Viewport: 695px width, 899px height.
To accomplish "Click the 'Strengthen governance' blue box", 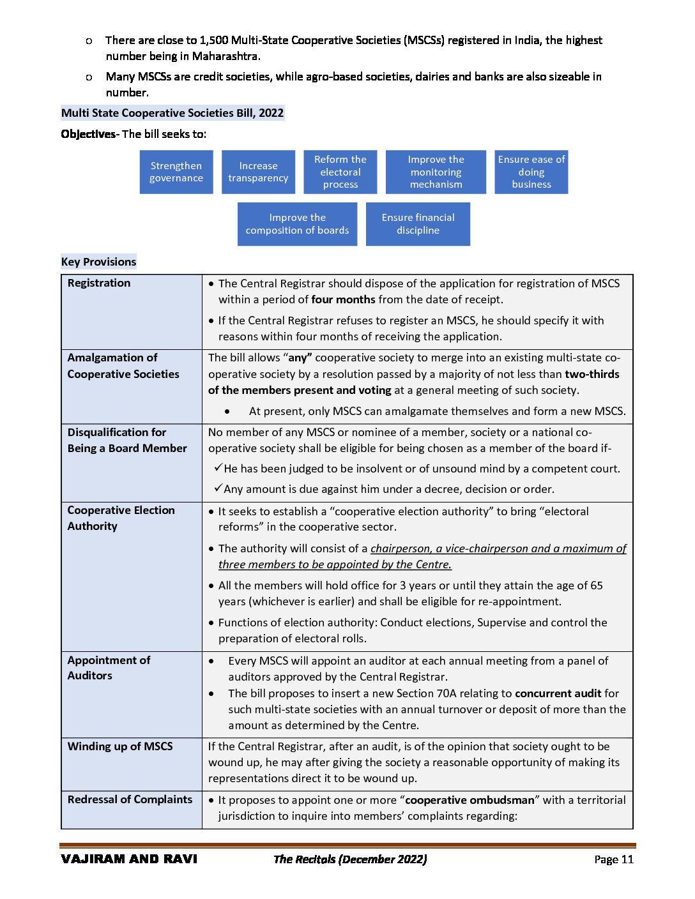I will click(176, 172).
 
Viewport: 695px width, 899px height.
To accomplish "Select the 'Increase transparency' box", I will click(258, 172).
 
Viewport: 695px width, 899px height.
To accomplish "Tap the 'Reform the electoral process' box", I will click(340, 172).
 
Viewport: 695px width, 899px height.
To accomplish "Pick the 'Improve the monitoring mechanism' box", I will click(436, 172).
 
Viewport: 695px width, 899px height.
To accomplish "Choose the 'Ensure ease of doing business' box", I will click(531, 172).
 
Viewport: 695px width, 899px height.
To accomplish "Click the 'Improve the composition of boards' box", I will click(297, 224).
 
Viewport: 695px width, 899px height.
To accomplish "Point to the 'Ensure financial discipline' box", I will click(418, 224).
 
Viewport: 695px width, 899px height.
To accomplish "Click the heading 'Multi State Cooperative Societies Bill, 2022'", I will click(172, 113).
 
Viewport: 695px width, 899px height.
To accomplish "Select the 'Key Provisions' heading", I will click(99, 262).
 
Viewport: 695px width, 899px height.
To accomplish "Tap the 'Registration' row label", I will click(99, 283).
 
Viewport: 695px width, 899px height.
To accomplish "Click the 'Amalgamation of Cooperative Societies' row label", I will click(123, 366).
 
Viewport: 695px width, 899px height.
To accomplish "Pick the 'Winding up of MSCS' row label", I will click(120, 746).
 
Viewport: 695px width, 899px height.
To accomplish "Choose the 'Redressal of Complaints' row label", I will click(130, 799).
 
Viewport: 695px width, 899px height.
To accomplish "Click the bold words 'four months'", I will click(343, 299).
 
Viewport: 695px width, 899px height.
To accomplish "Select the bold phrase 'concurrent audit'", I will click(558, 693).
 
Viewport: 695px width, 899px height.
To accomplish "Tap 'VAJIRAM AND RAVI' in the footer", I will click(129, 859).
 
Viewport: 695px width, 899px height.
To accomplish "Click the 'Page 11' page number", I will click(613, 859).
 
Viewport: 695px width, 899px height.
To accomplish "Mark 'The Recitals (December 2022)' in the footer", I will click(350, 859).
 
